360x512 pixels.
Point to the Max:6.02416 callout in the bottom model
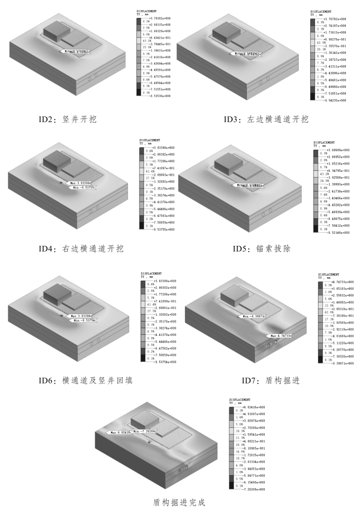(x=118, y=432)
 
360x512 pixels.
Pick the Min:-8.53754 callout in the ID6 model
(x=83, y=320)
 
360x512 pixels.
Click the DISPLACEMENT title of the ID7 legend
(x=330, y=275)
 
